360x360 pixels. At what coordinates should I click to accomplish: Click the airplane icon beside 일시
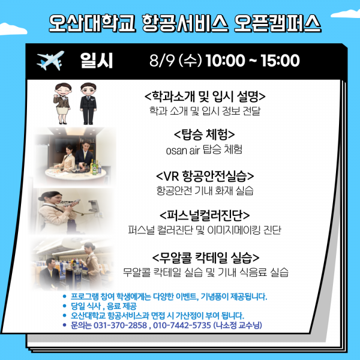point(50,61)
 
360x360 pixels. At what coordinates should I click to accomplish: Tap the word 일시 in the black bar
point(97,61)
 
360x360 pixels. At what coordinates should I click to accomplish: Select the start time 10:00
point(225,61)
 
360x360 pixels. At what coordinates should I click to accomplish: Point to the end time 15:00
point(280,61)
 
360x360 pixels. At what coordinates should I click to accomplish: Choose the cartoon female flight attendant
point(62,104)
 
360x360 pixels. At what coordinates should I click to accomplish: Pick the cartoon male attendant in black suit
point(88,104)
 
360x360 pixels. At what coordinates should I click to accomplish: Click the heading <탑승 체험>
point(205,134)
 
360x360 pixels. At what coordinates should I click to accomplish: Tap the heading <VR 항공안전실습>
point(205,176)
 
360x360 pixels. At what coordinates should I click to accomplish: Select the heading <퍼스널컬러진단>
point(205,215)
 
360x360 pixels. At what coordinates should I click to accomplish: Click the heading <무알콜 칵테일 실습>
point(206,257)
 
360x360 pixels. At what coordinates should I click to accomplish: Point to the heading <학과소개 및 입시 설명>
point(205,96)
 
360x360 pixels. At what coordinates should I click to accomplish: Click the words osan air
point(183,151)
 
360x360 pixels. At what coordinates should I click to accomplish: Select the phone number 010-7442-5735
point(182,325)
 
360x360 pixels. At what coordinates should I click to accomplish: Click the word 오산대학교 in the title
point(92,23)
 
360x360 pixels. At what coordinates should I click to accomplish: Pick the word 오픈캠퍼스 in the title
point(277,23)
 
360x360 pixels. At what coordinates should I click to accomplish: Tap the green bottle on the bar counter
point(94,167)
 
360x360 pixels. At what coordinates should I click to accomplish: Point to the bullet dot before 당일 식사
point(65,306)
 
